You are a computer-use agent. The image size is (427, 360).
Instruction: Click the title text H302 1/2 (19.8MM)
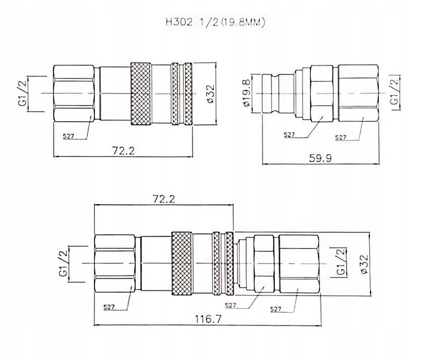215,22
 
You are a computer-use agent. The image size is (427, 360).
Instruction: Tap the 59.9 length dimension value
321,158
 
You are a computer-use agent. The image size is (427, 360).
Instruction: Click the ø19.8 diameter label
247,93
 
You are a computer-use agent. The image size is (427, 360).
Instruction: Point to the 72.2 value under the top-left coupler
124,150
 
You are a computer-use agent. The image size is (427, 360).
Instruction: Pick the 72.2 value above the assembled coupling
164,199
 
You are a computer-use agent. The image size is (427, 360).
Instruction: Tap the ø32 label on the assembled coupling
364,264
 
